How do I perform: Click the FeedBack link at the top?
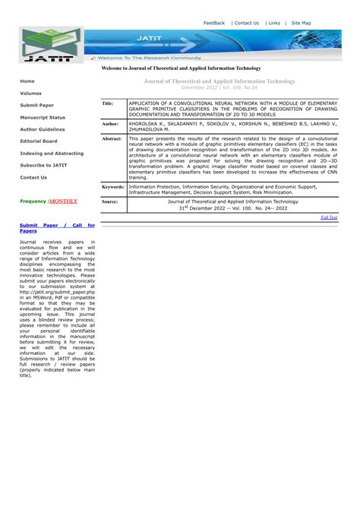(x=213, y=23)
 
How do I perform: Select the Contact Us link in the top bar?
(x=246, y=23)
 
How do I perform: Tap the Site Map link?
(x=301, y=23)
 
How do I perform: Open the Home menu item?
(x=27, y=81)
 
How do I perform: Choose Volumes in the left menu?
(x=31, y=93)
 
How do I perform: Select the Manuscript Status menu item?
(x=43, y=118)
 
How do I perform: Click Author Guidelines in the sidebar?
(x=43, y=129)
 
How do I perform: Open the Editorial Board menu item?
(x=38, y=141)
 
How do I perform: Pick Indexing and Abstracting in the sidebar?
(x=52, y=154)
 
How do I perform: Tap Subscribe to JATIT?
(x=43, y=166)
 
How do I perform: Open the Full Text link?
(x=329, y=217)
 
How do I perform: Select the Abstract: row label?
(x=112, y=139)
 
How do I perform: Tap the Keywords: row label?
(x=113, y=186)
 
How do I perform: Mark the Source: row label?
(x=110, y=202)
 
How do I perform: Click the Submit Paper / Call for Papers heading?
(x=57, y=228)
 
